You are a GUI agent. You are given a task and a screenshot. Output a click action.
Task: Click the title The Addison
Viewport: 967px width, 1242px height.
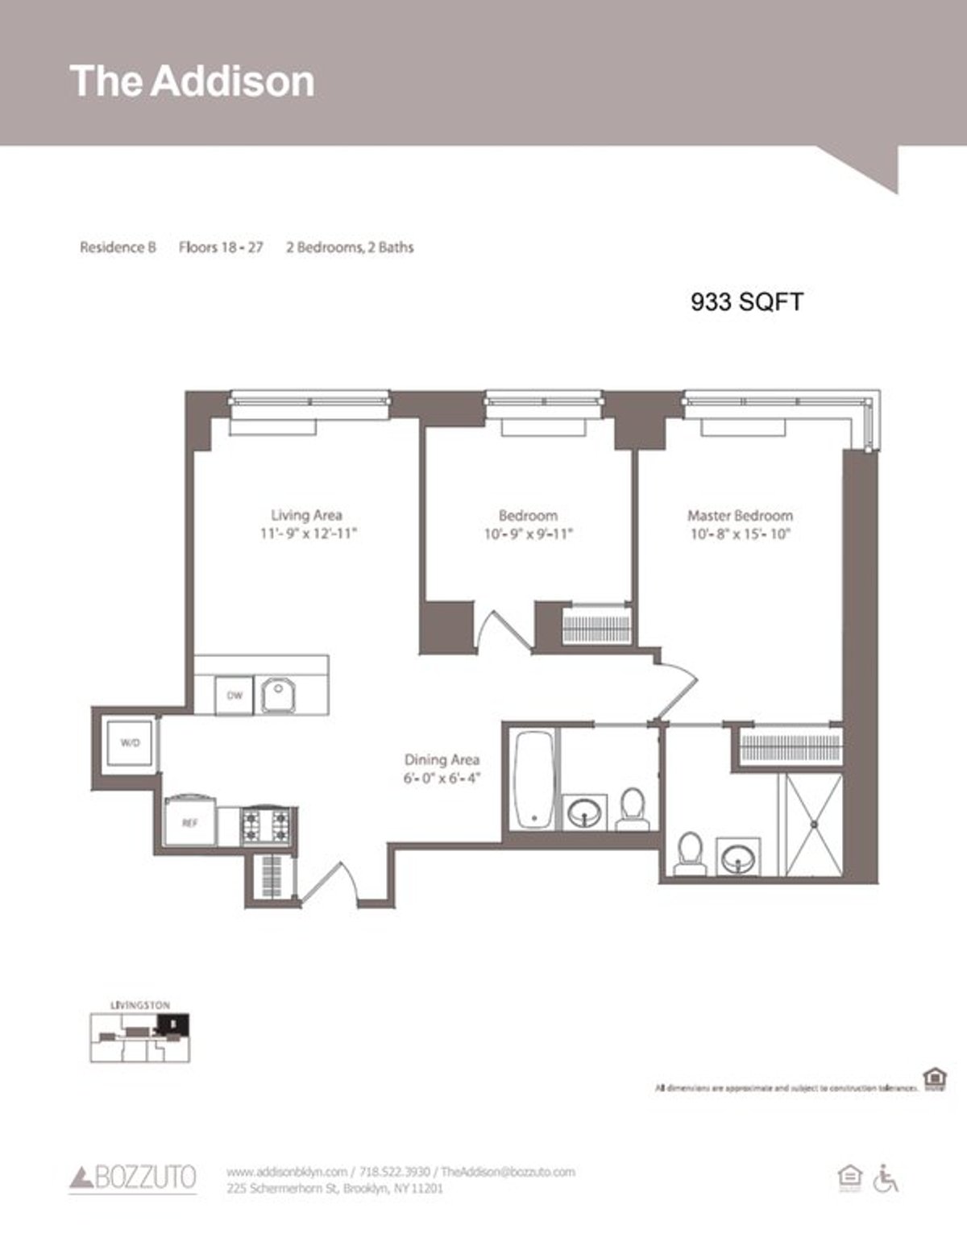[x=192, y=81]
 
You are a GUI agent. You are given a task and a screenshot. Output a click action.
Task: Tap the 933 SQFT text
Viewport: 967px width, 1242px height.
[x=746, y=301]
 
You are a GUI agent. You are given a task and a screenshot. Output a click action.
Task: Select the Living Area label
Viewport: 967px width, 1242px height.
[x=306, y=515]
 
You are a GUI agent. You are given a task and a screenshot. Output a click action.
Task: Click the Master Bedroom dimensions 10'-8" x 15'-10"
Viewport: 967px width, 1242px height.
[x=740, y=534]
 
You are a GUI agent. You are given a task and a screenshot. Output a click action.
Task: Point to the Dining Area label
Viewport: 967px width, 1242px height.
[x=442, y=759]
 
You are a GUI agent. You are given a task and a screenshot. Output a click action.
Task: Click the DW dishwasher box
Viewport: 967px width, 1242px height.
[x=234, y=696]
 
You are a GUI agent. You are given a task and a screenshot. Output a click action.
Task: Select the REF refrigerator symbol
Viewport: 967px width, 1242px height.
[x=189, y=822]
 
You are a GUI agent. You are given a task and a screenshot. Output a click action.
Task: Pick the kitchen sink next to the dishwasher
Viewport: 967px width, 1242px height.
[x=279, y=695]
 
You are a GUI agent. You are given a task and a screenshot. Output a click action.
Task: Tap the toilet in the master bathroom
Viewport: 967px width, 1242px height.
[x=690, y=854]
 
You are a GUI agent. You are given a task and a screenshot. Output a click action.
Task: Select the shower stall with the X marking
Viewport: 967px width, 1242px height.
[x=813, y=824]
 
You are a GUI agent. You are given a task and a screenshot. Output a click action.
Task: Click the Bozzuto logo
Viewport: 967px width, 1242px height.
[x=133, y=1178]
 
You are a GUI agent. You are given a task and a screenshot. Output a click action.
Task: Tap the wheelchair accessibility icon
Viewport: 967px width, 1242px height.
[x=886, y=1178]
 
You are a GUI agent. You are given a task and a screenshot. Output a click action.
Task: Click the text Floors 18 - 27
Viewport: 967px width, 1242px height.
[x=221, y=247]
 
